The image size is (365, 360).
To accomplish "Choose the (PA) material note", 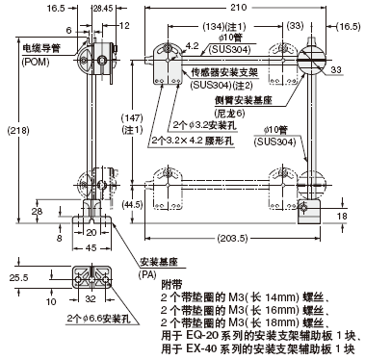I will [146, 273].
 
